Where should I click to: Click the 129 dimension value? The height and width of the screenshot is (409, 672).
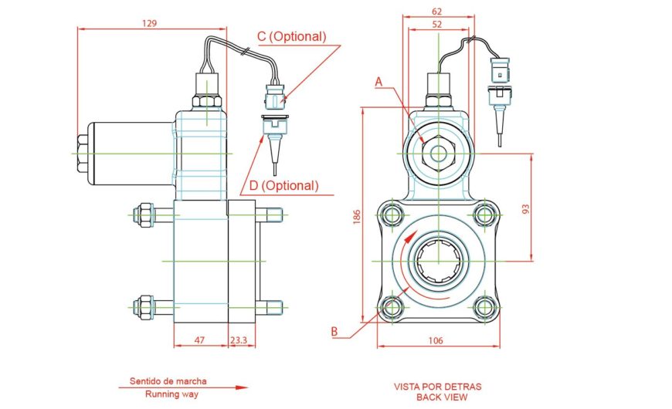coord(150,23)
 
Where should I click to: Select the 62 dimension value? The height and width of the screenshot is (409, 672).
coord(437,12)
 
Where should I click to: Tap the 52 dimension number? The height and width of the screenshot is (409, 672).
coord(437,24)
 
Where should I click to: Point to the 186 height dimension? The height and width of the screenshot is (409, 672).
coord(356,218)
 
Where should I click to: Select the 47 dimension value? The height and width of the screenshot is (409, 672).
coord(199,340)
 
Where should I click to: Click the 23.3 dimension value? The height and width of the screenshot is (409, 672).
coord(239,340)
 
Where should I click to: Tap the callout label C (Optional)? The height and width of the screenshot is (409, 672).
coord(291,36)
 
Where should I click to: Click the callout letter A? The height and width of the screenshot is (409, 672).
coord(378,80)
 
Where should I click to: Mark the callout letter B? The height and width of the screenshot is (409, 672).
coord(334,332)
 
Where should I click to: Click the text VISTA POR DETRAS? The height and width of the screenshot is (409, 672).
coord(438,386)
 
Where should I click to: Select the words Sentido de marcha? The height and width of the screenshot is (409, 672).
coord(168,381)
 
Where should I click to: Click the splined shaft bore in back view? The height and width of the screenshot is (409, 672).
coord(438,261)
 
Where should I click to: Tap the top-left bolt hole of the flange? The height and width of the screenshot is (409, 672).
coord(392,214)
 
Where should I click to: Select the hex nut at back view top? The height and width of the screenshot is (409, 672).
coord(438,152)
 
